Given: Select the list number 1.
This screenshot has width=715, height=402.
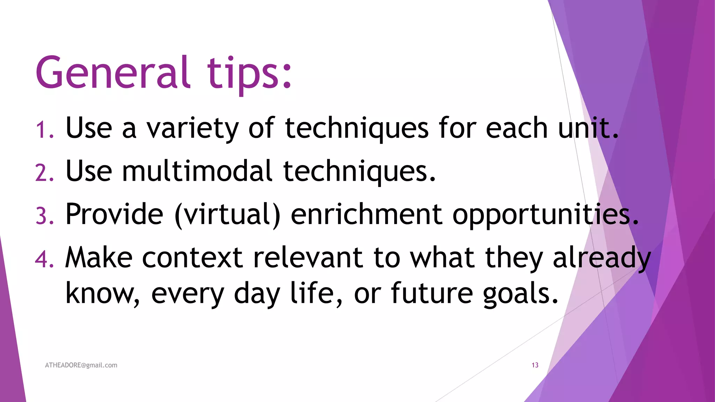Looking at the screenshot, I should pos(44,129).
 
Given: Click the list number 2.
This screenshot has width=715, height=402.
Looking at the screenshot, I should pos(44,173).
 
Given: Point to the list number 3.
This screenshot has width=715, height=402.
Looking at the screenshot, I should pos(45,216).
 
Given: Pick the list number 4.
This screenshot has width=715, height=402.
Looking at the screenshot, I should pos(44,259).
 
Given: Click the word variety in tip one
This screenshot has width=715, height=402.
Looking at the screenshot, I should pos(192,129).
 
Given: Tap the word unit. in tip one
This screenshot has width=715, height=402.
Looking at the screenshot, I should pos(588,128).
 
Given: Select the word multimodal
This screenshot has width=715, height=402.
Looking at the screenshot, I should pos(197,171).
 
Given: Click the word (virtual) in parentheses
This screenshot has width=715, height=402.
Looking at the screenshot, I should pos(227,215).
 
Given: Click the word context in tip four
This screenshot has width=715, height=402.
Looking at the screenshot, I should pos(192,258).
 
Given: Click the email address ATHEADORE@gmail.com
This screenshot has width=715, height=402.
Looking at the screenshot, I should pos(81,365).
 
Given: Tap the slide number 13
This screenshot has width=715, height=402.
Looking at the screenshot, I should pos(535,365).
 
